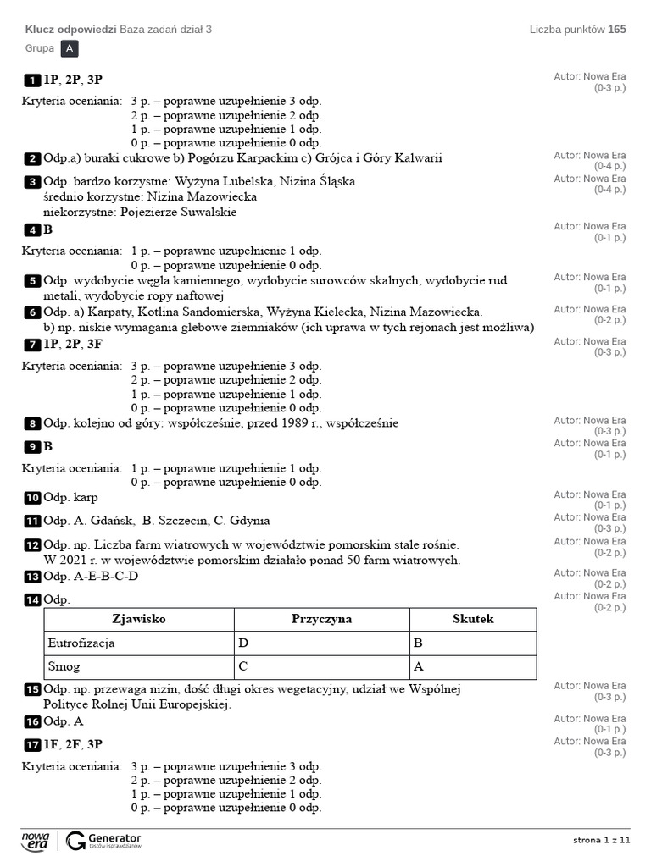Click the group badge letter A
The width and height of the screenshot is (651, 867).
point(70,49)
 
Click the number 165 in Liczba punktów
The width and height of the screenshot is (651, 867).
point(617,30)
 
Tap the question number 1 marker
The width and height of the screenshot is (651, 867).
point(32,80)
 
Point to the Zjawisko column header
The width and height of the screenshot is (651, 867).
point(139,619)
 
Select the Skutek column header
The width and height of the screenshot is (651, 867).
point(472,619)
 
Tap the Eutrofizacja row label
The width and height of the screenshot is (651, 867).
point(81,643)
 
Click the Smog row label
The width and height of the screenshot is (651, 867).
point(64,666)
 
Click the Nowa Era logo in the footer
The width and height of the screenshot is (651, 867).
point(36,840)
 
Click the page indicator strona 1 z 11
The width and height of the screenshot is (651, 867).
point(602,840)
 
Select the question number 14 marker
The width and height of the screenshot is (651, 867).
point(32,600)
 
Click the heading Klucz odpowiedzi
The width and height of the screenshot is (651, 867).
point(71,30)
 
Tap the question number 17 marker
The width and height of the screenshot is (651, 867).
point(32,745)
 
